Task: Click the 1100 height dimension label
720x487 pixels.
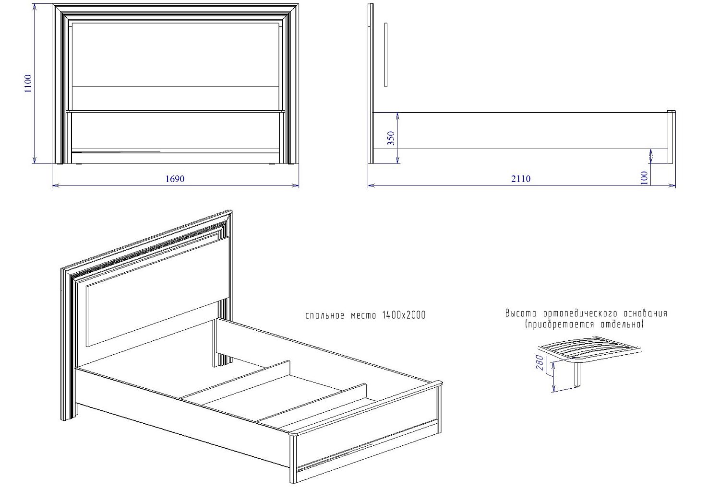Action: pos(28,83)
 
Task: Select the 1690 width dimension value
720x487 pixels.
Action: pos(175,179)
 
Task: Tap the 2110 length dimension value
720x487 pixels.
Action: pos(521,179)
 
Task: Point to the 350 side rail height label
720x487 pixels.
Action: pos(391,139)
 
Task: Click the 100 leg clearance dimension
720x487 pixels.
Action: pos(644,178)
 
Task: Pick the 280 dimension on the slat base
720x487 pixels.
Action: pos(540,362)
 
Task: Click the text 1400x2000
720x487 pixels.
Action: pos(404,315)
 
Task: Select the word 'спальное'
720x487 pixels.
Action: pos(325,316)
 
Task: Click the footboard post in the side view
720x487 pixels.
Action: pos(671,137)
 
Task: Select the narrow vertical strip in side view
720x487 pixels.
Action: pos(386,54)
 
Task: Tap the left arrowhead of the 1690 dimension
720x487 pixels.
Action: pos(54,185)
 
